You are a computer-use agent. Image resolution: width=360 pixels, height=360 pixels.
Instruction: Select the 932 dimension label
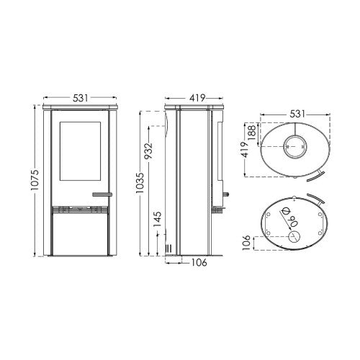148,151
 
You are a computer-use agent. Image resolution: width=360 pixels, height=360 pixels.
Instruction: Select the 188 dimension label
251,130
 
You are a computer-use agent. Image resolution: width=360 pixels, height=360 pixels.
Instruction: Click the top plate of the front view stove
80,106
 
